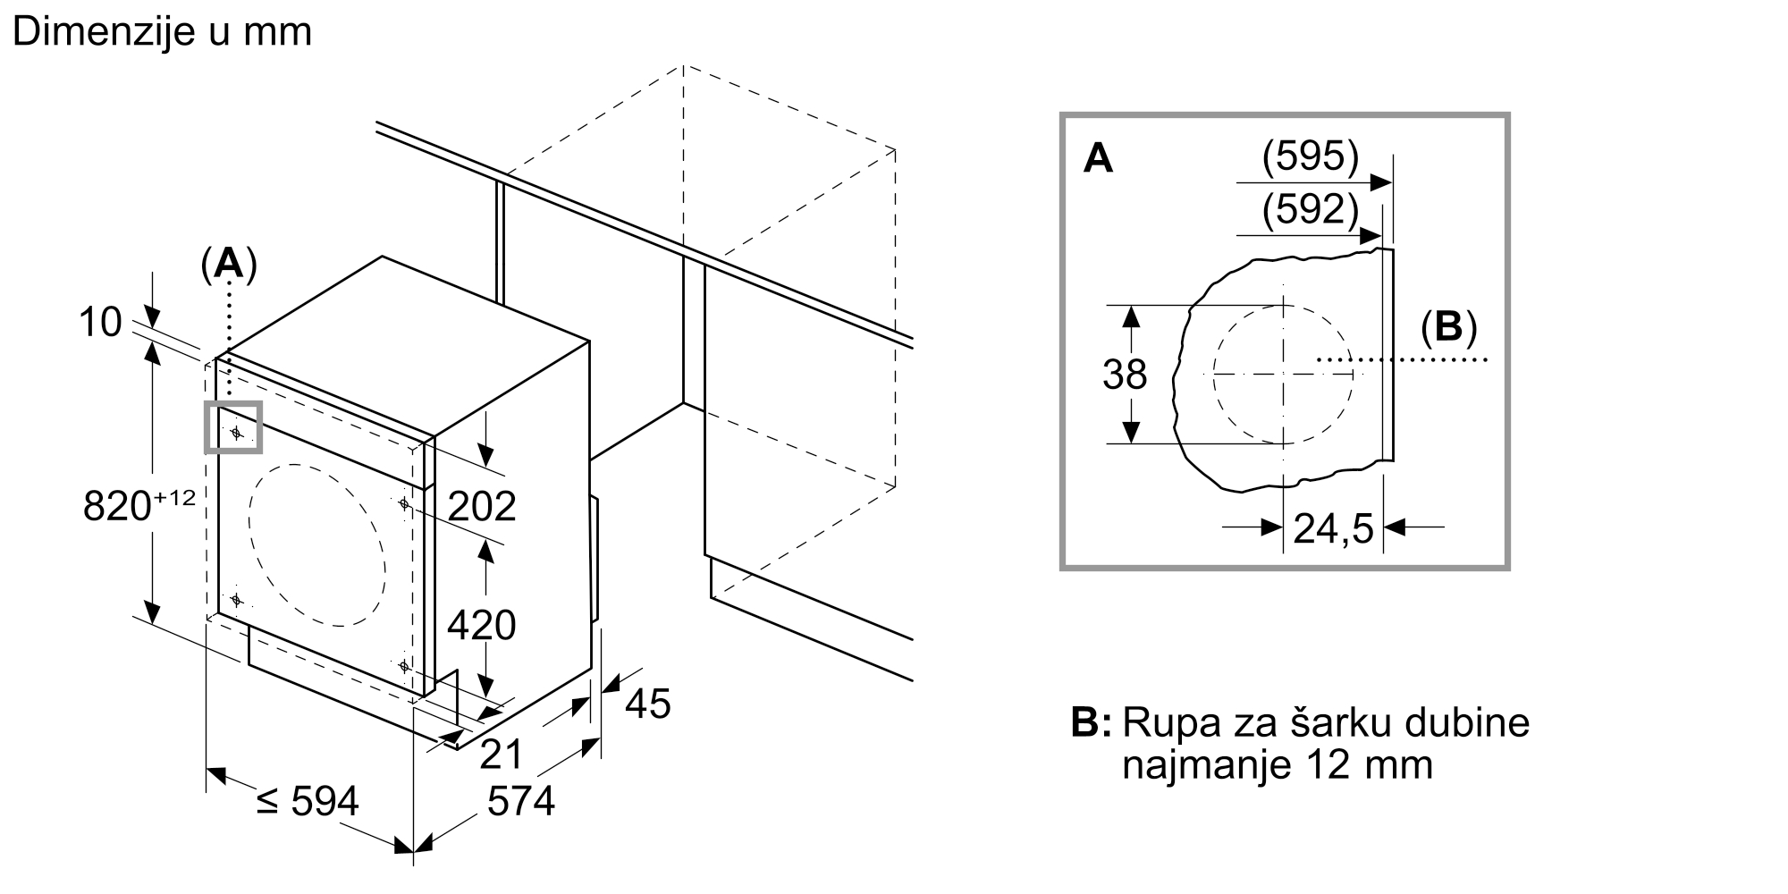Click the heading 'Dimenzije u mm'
click(x=162, y=32)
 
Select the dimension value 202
click(x=482, y=507)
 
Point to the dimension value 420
click(x=481, y=625)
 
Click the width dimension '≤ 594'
click(x=307, y=802)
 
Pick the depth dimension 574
click(x=520, y=802)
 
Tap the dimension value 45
click(x=647, y=704)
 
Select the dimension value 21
click(x=501, y=755)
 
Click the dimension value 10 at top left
click(x=99, y=323)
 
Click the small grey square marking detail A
click(x=234, y=427)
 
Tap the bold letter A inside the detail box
click(x=1098, y=159)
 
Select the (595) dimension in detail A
click(x=1310, y=157)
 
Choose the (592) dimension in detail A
click(x=1310, y=209)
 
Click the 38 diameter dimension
click(x=1124, y=375)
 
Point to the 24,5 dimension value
click(x=1333, y=529)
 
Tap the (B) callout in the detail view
click(x=1448, y=328)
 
